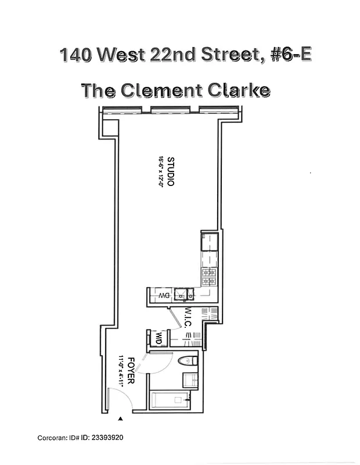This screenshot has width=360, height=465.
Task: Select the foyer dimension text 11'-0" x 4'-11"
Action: point(121,371)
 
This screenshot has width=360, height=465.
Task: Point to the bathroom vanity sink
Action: point(190,381)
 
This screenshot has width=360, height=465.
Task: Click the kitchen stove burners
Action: point(208,277)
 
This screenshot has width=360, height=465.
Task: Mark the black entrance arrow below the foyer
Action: point(121,418)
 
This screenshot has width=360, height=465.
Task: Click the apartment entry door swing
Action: point(119,401)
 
